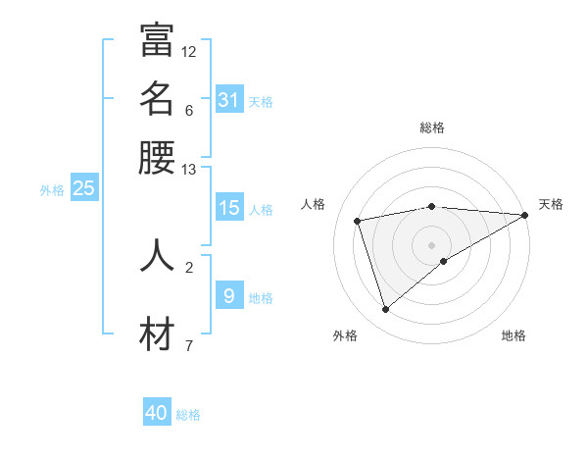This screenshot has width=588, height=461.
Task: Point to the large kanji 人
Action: coord(157,254)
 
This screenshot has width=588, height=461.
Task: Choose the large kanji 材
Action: coord(157,334)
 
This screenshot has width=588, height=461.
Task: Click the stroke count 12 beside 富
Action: coord(189,51)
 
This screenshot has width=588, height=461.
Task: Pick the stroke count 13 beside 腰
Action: coord(189,170)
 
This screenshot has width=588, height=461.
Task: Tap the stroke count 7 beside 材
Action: coord(189,345)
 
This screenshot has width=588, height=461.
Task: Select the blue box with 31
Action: coord(229,100)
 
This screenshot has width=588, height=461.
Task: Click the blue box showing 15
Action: coord(229,208)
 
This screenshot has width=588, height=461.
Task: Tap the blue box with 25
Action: coord(84,189)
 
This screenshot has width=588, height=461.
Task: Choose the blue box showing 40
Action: coord(157,413)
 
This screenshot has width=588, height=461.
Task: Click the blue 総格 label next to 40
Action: coord(188,415)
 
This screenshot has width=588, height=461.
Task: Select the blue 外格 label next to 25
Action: coord(52,190)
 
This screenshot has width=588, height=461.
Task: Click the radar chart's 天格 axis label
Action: coord(551,204)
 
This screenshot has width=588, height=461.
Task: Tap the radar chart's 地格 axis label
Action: coord(514,335)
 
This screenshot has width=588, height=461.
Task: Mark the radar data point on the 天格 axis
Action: coord(525,215)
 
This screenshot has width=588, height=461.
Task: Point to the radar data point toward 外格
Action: coord(386,310)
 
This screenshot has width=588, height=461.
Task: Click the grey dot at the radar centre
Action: coord(432,244)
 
